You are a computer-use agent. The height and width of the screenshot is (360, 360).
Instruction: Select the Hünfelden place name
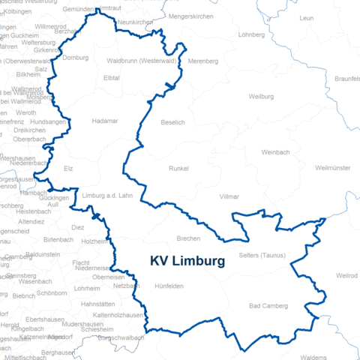169,286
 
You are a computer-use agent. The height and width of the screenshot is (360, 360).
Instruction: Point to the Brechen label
188,238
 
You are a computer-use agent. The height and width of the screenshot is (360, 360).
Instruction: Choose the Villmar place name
229,196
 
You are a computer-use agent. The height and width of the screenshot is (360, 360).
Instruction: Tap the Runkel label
181,169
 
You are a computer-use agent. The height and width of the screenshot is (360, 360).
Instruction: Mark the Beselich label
172,121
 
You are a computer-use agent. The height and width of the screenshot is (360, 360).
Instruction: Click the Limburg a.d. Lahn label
106,196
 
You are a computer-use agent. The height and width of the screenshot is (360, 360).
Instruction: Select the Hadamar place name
104,120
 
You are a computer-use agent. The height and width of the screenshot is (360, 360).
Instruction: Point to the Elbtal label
112,77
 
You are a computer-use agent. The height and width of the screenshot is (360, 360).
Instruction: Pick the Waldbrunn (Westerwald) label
142,60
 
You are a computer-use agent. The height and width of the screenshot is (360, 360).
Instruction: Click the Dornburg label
76,58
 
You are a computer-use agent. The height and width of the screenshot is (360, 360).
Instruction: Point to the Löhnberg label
251,34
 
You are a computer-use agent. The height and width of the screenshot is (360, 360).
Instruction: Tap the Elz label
69,169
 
